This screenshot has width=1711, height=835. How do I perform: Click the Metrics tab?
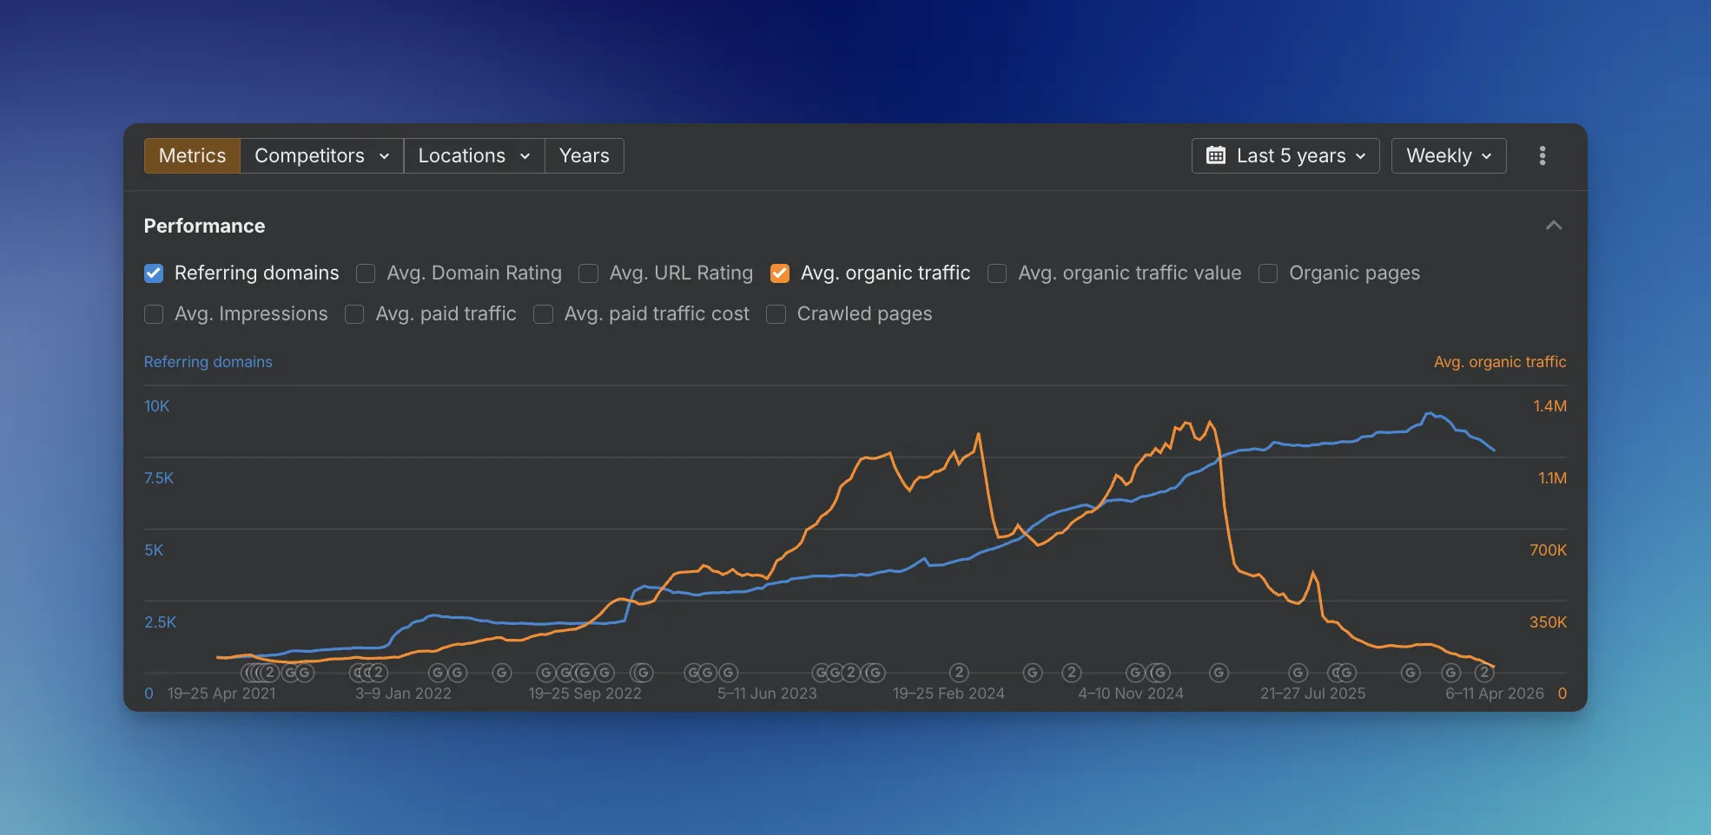(192, 156)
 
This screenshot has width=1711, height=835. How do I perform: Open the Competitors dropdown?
(321, 156)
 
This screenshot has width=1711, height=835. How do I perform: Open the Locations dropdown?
(474, 156)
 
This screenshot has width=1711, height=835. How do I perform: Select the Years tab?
(584, 156)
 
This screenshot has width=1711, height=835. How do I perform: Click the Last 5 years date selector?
(1285, 156)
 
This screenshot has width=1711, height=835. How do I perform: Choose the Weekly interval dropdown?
(1448, 156)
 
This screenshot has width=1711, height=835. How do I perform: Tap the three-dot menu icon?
(1543, 156)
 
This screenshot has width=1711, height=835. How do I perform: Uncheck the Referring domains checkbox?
(154, 273)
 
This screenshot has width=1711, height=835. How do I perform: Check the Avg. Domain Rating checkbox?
(366, 273)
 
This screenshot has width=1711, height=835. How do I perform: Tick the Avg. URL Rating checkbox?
(589, 273)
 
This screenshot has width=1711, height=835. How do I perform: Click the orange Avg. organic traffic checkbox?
(780, 273)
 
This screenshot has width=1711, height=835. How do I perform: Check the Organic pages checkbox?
(1268, 273)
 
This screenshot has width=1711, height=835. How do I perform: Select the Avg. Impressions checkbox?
(154, 314)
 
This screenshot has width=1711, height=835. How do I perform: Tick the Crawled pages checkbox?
(776, 314)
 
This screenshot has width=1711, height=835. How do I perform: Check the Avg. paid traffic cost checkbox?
(544, 314)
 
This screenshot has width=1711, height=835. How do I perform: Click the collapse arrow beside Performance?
(1554, 226)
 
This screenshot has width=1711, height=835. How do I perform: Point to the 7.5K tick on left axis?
(159, 478)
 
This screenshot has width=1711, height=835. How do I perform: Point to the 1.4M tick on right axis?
(1549, 406)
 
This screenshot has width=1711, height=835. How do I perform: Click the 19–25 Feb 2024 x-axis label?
(948, 694)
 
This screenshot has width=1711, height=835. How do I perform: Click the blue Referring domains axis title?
(208, 362)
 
